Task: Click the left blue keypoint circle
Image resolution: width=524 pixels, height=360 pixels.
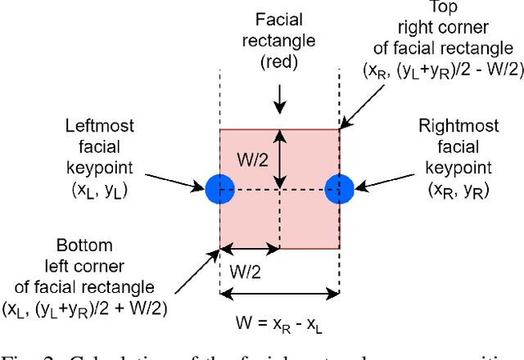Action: coord(219,188)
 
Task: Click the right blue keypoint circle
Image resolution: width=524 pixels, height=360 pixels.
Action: coord(339,188)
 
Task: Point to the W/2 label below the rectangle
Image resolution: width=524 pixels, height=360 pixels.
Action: coord(250,267)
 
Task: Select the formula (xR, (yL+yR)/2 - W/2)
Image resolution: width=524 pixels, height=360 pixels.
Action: coord(443,70)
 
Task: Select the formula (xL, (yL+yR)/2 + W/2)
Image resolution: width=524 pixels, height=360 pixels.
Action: coord(82,308)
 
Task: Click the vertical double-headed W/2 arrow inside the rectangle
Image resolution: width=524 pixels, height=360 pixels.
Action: coord(279,160)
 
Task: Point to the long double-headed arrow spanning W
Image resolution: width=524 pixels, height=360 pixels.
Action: coord(279,293)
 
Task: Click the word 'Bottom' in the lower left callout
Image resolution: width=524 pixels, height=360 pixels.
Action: coord(82,245)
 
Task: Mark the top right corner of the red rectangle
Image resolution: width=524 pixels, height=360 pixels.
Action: coord(339,129)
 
